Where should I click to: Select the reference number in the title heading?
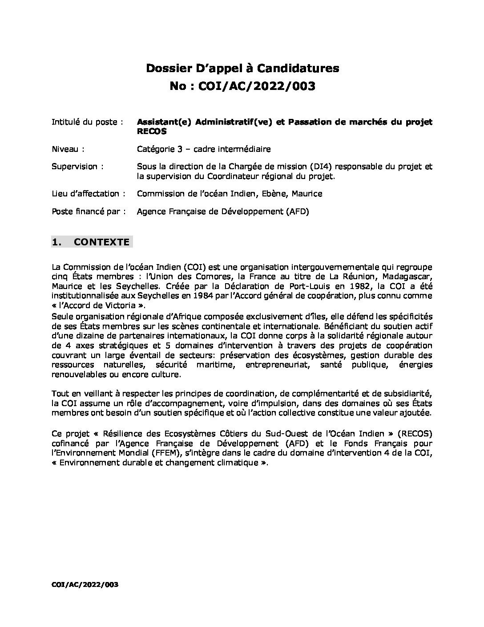pyautogui.click(x=262, y=86)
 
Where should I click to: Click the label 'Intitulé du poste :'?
pyautogui.click(x=87, y=122)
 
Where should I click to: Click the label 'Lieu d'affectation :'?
pyautogui.click(x=88, y=194)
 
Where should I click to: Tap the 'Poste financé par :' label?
pyautogui.click(x=88, y=212)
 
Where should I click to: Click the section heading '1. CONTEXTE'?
pyautogui.click(x=92, y=242)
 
